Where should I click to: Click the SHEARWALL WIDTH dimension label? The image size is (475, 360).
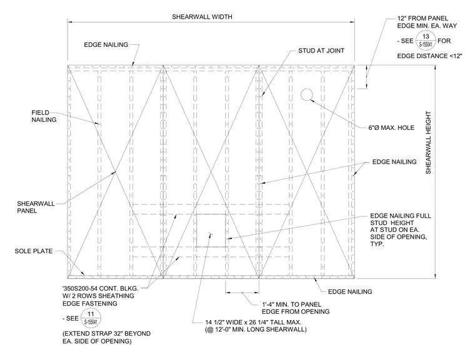coord(202,17)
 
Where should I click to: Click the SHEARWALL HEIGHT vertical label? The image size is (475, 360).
coord(428,142)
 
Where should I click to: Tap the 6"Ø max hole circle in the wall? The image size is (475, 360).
coord(307,94)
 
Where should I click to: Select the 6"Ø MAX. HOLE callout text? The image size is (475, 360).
coord(391,128)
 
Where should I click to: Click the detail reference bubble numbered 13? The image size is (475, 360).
coord(426,41)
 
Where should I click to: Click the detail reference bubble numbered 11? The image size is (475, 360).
coord(91,318)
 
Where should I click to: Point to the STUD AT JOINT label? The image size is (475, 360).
coord(321,51)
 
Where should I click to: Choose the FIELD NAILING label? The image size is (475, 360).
coord(44,116)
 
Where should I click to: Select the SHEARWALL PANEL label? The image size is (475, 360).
coord(36,207)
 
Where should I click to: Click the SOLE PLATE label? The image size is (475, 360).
coord(34,251)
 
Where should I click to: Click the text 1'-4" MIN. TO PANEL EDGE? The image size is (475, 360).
coord(296,308)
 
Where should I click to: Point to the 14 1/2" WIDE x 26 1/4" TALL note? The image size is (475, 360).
coord(256,326)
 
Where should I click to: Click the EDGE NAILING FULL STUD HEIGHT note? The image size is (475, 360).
coord(401,230)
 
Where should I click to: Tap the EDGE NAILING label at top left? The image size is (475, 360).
coord(106,45)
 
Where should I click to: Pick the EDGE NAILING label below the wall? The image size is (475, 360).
coord(350,291)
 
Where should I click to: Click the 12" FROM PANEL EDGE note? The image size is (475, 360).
coord(427,22)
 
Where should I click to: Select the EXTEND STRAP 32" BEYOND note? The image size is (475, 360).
coord(106,337)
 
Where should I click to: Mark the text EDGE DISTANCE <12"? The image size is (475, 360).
coord(429,56)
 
